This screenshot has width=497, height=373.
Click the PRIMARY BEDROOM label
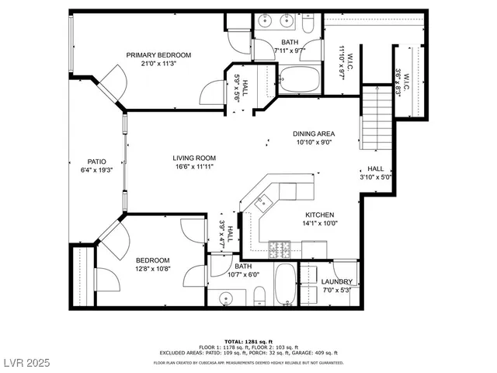(158, 54)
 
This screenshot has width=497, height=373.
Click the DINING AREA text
(314, 133)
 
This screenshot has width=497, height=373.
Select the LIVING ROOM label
(193, 158)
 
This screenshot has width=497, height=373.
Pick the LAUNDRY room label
(337, 281)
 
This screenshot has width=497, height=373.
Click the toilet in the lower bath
(260, 296)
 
